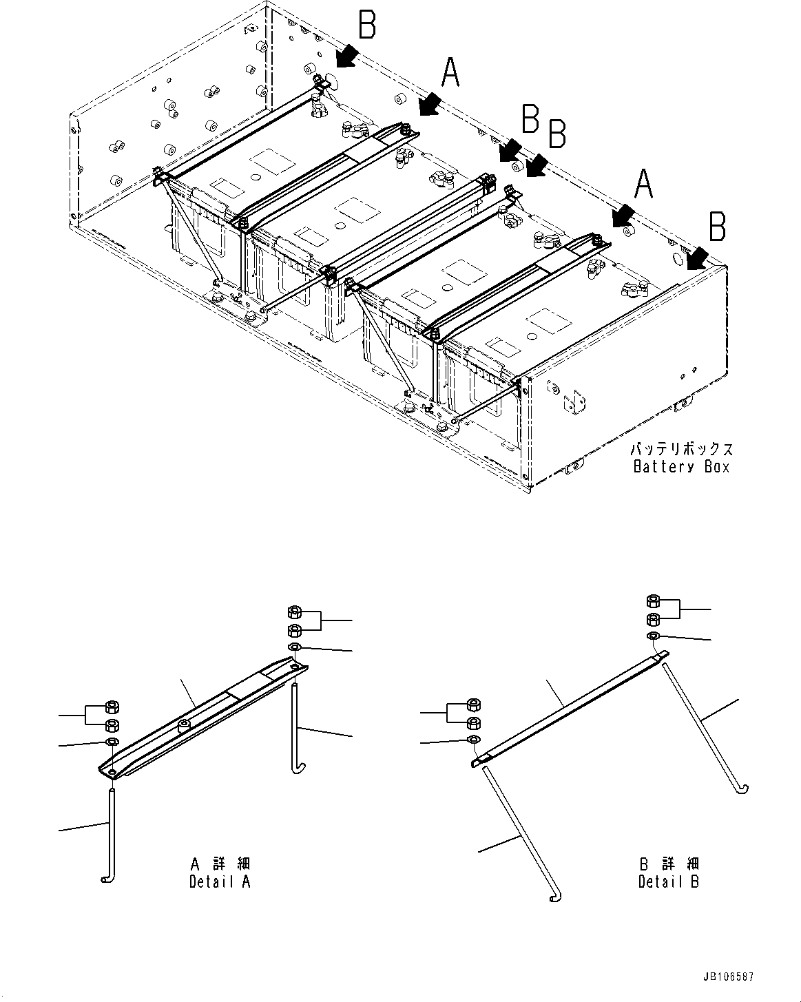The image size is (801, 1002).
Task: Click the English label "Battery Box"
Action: [x=681, y=467]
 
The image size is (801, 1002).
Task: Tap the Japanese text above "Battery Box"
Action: [x=681, y=450]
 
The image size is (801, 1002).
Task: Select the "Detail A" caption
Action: [x=220, y=881]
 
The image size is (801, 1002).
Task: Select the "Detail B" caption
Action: [x=668, y=881]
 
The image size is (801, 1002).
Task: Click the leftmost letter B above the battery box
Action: [x=367, y=25]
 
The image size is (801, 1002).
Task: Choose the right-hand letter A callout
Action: [x=642, y=185]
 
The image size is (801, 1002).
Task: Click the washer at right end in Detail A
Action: [x=294, y=647]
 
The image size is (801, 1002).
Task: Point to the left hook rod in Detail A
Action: [x=110, y=833]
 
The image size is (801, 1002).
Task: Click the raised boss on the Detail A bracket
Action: [x=184, y=725]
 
